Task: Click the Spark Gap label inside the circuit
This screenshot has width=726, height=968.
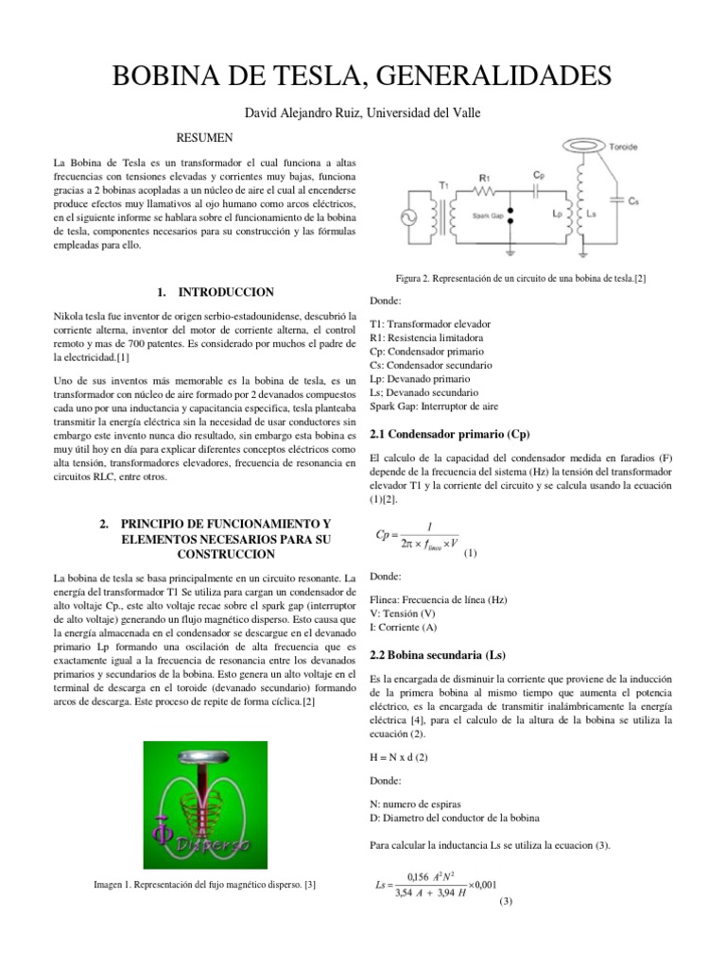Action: (x=489, y=216)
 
